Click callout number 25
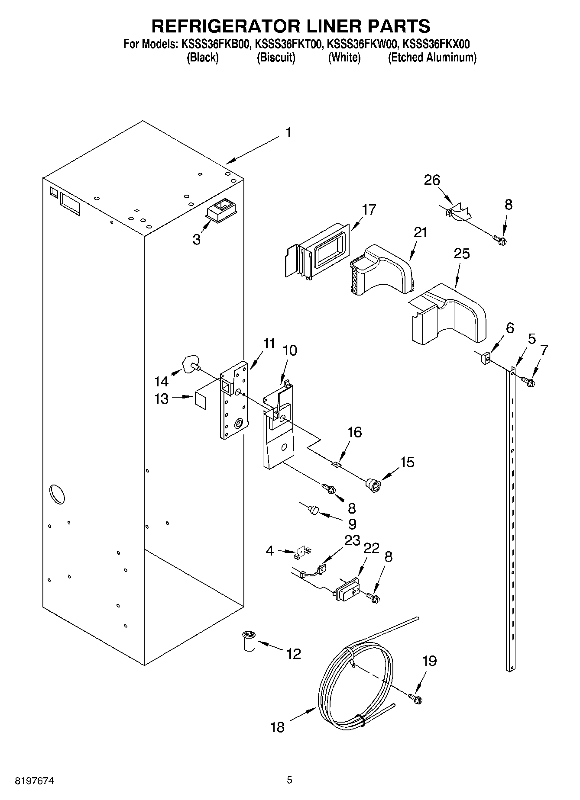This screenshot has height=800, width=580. coord(461,254)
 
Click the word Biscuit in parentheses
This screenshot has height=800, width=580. coord(276,58)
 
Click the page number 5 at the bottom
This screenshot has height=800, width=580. coord(289,780)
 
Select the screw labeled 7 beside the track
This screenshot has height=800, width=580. coord(528,381)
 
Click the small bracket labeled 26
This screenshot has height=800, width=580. coord(458,212)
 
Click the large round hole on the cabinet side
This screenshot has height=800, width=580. coord(57,495)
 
